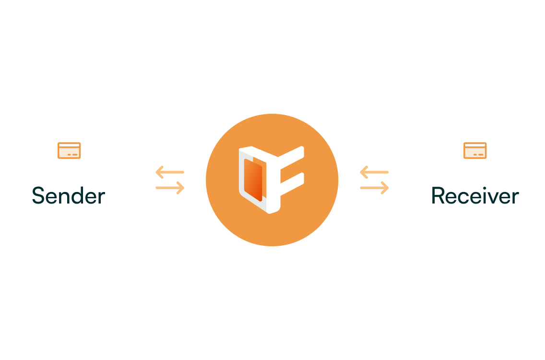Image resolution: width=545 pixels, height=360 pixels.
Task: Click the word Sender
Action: click(x=68, y=196)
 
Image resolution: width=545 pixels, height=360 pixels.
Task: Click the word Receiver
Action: click(x=475, y=196)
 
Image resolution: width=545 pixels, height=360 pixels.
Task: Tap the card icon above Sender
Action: click(x=69, y=150)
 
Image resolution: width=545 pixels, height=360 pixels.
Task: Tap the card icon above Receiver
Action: click(x=475, y=150)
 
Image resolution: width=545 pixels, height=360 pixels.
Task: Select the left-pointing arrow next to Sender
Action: click(x=169, y=172)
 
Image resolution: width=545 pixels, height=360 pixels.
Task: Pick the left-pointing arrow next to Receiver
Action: click(x=374, y=172)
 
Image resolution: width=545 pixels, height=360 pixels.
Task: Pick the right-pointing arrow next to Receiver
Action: click(x=375, y=188)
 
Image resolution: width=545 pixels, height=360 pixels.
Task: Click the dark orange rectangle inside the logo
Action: click(x=253, y=180)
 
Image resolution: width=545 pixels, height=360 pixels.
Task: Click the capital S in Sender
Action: click(x=38, y=196)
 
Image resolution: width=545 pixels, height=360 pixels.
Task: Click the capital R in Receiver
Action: click(x=438, y=196)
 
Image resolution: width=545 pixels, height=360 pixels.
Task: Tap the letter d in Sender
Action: click(x=77, y=196)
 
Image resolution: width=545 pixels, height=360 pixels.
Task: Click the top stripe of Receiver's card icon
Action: click(x=475, y=145)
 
